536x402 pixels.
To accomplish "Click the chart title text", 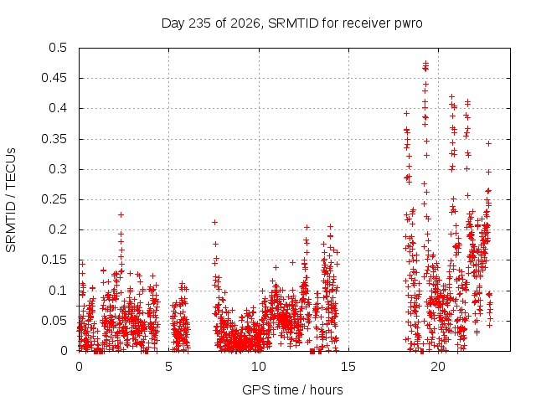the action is (292, 23).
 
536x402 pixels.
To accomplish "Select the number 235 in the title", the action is (200, 23).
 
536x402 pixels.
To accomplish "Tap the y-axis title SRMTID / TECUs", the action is (11, 200).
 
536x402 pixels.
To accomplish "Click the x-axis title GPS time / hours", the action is (292, 389).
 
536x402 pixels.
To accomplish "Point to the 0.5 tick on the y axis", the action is (58, 48).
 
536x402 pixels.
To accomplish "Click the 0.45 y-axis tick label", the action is (54, 78).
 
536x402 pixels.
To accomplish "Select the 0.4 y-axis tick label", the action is (58, 108).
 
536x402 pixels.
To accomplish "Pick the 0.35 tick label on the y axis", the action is (54, 139).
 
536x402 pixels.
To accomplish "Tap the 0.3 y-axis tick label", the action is (58, 169).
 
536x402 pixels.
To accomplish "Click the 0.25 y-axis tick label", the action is (54, 199).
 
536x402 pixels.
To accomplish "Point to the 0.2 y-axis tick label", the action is (58, 229).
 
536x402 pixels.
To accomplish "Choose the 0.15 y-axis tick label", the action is (54, 260).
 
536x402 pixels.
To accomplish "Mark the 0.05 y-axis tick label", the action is (54, 321).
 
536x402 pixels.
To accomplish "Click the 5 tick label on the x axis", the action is (168, 367).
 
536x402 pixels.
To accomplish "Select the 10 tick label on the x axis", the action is (259, 367).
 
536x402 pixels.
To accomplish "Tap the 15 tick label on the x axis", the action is (348, 367).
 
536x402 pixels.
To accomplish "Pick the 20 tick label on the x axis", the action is (438, 367).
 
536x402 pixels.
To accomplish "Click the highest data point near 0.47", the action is (426, 63).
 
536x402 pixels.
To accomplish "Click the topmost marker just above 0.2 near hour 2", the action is (121, 214).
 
